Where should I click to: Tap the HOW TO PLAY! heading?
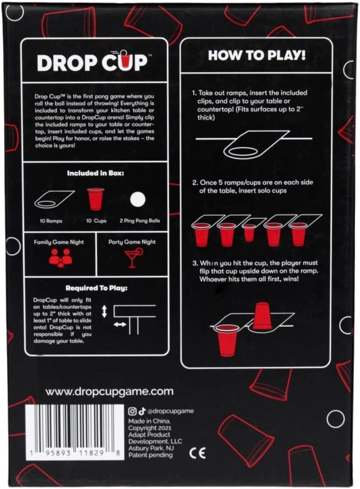256,55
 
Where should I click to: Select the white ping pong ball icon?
139,199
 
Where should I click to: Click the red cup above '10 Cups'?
95,199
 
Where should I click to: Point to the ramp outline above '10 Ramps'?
54,199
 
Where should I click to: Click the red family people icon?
60,258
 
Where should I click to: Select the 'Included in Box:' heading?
96,173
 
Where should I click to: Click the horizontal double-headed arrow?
120,325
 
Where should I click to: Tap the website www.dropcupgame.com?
109,391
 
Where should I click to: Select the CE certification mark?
197,453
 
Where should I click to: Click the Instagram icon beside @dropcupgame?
132,411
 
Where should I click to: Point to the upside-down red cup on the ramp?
262,316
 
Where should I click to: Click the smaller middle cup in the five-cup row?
249,232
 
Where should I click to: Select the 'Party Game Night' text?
131,242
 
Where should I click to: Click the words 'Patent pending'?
151,455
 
